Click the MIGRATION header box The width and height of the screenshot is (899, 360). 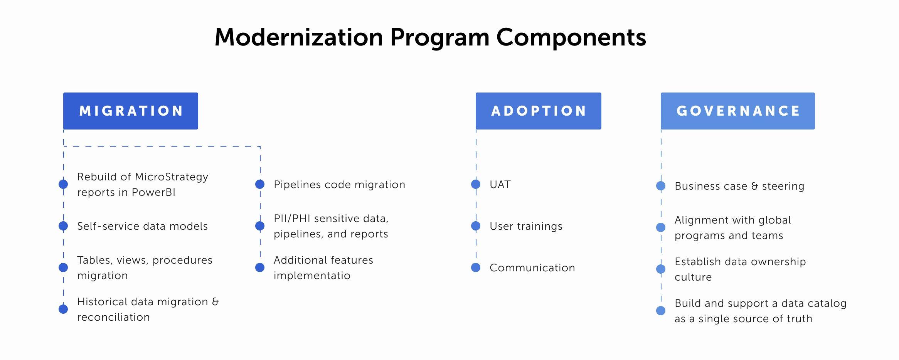[131, 111]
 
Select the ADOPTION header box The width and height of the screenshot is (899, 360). [539, 111]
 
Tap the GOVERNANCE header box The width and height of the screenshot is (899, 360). [738, 111]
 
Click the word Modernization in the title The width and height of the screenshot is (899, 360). [299, 37]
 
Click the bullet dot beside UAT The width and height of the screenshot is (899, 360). [476, 184]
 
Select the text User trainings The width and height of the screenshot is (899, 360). [526, 226]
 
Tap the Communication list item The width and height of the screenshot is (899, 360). [532, 267]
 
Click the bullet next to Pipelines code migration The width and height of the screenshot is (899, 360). [260, 184]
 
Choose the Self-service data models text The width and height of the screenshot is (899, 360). [142, 226]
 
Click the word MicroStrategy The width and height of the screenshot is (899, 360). [172, 177]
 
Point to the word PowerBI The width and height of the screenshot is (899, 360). [153, 192]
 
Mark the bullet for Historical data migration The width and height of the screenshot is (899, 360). [63, 309]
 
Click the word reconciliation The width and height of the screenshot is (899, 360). [113, 317]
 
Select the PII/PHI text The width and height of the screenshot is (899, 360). [292, 219]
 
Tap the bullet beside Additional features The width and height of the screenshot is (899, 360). [260, 267]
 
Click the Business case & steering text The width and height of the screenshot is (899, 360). [739, 186]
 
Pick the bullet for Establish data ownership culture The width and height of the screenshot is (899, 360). [661, 269]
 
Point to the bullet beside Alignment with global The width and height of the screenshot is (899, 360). [661, 227]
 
